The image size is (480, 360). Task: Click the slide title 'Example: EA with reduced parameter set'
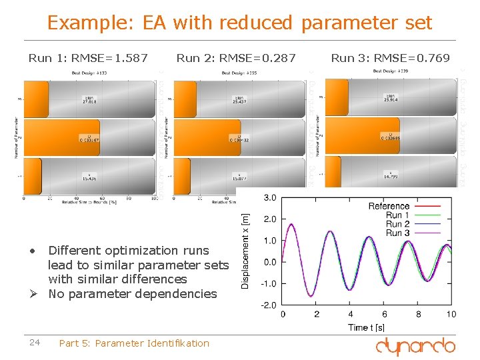point(239,23)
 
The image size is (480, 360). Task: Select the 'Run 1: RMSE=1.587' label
point(88,58)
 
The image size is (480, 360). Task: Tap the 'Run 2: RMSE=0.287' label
point(236,58)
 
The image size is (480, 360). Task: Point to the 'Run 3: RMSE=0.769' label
point(390,58)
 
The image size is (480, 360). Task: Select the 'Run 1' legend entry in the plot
point(398,215)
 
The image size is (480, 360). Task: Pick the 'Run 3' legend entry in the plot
point(398,233)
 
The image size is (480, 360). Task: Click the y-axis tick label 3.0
point(270,198)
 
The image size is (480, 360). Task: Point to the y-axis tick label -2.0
point(269,305)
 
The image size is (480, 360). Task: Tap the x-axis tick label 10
point(451,314)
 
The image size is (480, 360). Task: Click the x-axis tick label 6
point(384,314)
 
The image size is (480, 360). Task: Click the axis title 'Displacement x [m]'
point(246,251)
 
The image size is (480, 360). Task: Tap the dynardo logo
point(415,345)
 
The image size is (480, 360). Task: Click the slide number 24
point(35,343)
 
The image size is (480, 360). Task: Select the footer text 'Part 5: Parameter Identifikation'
point(134,343)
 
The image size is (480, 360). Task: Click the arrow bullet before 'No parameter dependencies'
point(33,294)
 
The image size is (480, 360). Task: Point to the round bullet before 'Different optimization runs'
point(32,251)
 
